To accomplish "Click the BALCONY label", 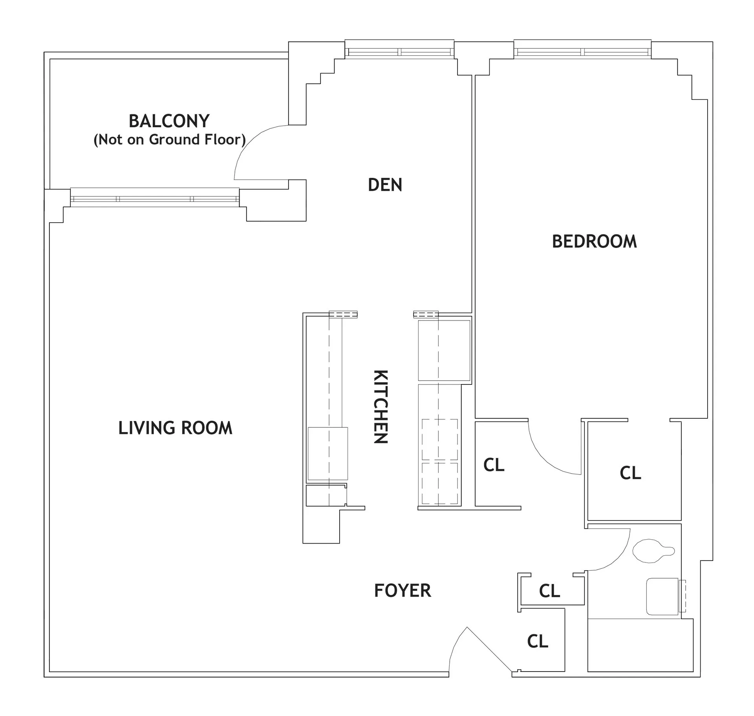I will pos(169,121).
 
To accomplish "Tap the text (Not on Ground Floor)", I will pos(169,139).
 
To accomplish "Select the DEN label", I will pos(385,185).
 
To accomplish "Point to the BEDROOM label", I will pos(594,242).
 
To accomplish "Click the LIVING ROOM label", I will pos(175,428).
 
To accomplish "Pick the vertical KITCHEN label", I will pos(380,407).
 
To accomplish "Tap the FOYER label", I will pos(402,591).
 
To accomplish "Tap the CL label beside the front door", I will pos(537,641).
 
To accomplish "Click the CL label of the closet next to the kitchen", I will pos(494,465).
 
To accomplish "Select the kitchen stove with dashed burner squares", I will pos(439,462).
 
